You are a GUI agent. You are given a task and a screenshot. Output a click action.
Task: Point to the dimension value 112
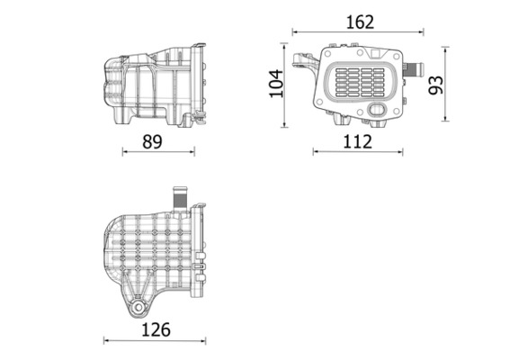[357, 141]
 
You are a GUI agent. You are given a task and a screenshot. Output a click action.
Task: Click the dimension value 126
[157, 329]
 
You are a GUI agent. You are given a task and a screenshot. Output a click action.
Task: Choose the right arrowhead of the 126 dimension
[209, 341]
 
